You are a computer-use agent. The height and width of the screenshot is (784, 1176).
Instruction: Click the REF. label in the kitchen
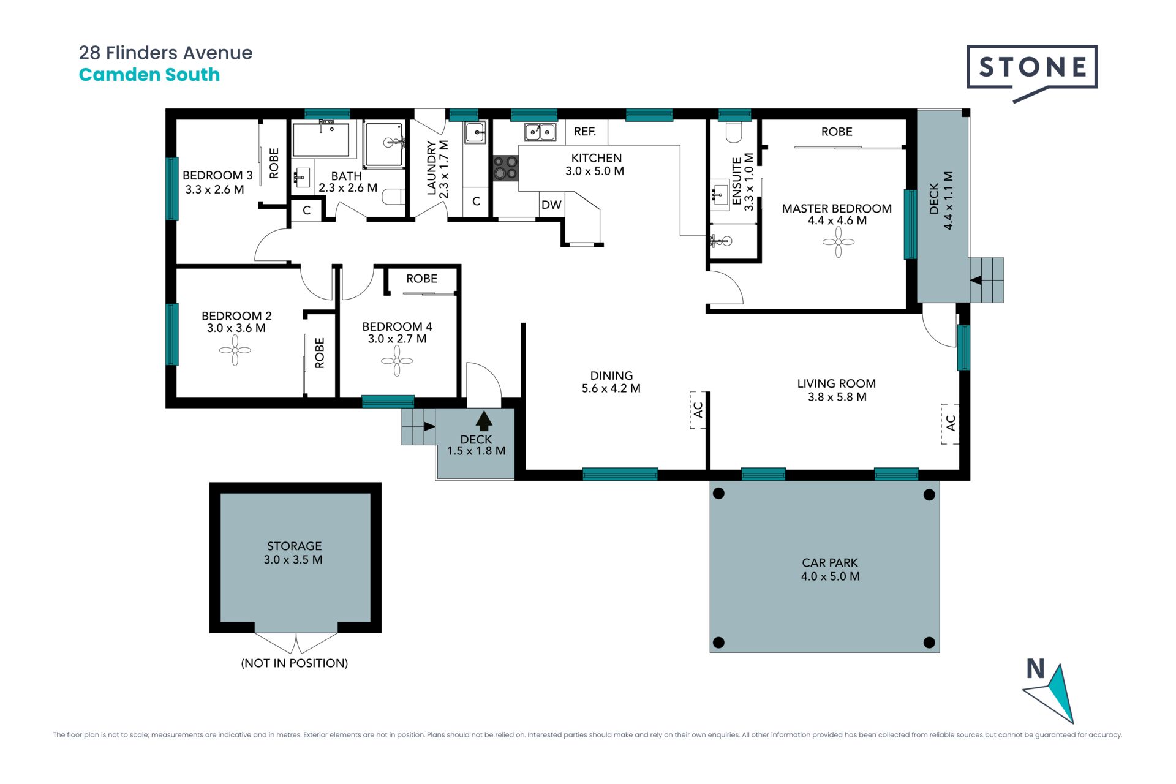(x=585, y=132)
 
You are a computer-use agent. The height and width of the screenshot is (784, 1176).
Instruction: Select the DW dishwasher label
(x=551, y=205)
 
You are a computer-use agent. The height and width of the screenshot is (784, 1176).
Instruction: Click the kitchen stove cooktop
(x=506, y=168)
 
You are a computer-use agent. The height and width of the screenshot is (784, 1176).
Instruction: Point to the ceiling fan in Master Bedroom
(x=838, y=243)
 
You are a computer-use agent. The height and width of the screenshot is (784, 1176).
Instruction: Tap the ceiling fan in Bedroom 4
(x=397, y=361)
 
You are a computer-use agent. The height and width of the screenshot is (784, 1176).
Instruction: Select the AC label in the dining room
(x=698, y=410)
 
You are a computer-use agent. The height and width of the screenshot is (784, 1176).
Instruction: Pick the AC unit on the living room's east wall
(x=950, y=423)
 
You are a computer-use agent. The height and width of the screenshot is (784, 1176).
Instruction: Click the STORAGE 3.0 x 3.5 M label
(x=294, y=552)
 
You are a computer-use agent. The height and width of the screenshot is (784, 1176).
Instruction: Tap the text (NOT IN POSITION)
(x=295, y=663)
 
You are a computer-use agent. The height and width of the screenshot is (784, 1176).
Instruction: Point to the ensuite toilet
(x=733, y=131)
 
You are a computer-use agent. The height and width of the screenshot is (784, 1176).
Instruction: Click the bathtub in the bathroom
(x=321, y=140)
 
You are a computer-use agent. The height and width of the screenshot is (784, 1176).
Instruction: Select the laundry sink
(x=475, y=132)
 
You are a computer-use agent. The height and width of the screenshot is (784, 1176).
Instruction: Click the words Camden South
(x=149, y=75)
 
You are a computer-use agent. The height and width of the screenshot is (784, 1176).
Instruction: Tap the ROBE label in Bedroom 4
(x=422, y=279)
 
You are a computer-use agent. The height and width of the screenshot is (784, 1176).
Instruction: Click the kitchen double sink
(x=540, y=131)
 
